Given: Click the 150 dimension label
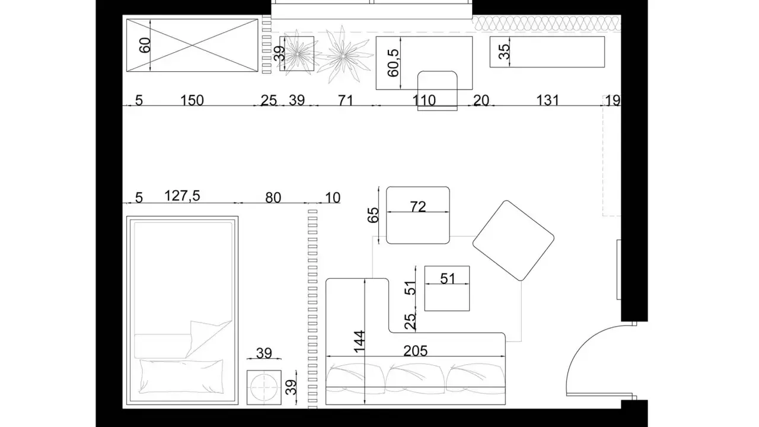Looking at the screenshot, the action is tap(192, 101).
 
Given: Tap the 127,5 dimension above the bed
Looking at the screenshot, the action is tap(182, 196).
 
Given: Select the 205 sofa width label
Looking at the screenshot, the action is tap(416, 351).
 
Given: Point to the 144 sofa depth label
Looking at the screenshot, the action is tap(359, 342).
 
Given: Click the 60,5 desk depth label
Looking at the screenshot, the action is tap(393, 63).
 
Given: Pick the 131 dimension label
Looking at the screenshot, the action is tap(547, 101).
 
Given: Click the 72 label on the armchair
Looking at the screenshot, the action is tap(418, 207).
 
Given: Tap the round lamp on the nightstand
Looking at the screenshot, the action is tap(264, 387).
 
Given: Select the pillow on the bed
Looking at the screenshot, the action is tap(181, 377).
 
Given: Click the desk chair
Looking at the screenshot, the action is tap(437, 91).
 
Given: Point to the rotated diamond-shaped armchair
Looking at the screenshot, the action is tap(513, 241).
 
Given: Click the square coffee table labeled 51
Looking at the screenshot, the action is tap(447, 288).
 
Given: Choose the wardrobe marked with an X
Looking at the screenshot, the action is tap(192, 46).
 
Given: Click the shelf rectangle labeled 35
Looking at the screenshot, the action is tap(547, 52).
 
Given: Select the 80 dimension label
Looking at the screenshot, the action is tap(273, 198).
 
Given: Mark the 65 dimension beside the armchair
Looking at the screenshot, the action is tap(373, 215).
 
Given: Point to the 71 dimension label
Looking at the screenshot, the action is tap(346, 101).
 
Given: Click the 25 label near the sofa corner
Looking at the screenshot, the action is tap(410, 321).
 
